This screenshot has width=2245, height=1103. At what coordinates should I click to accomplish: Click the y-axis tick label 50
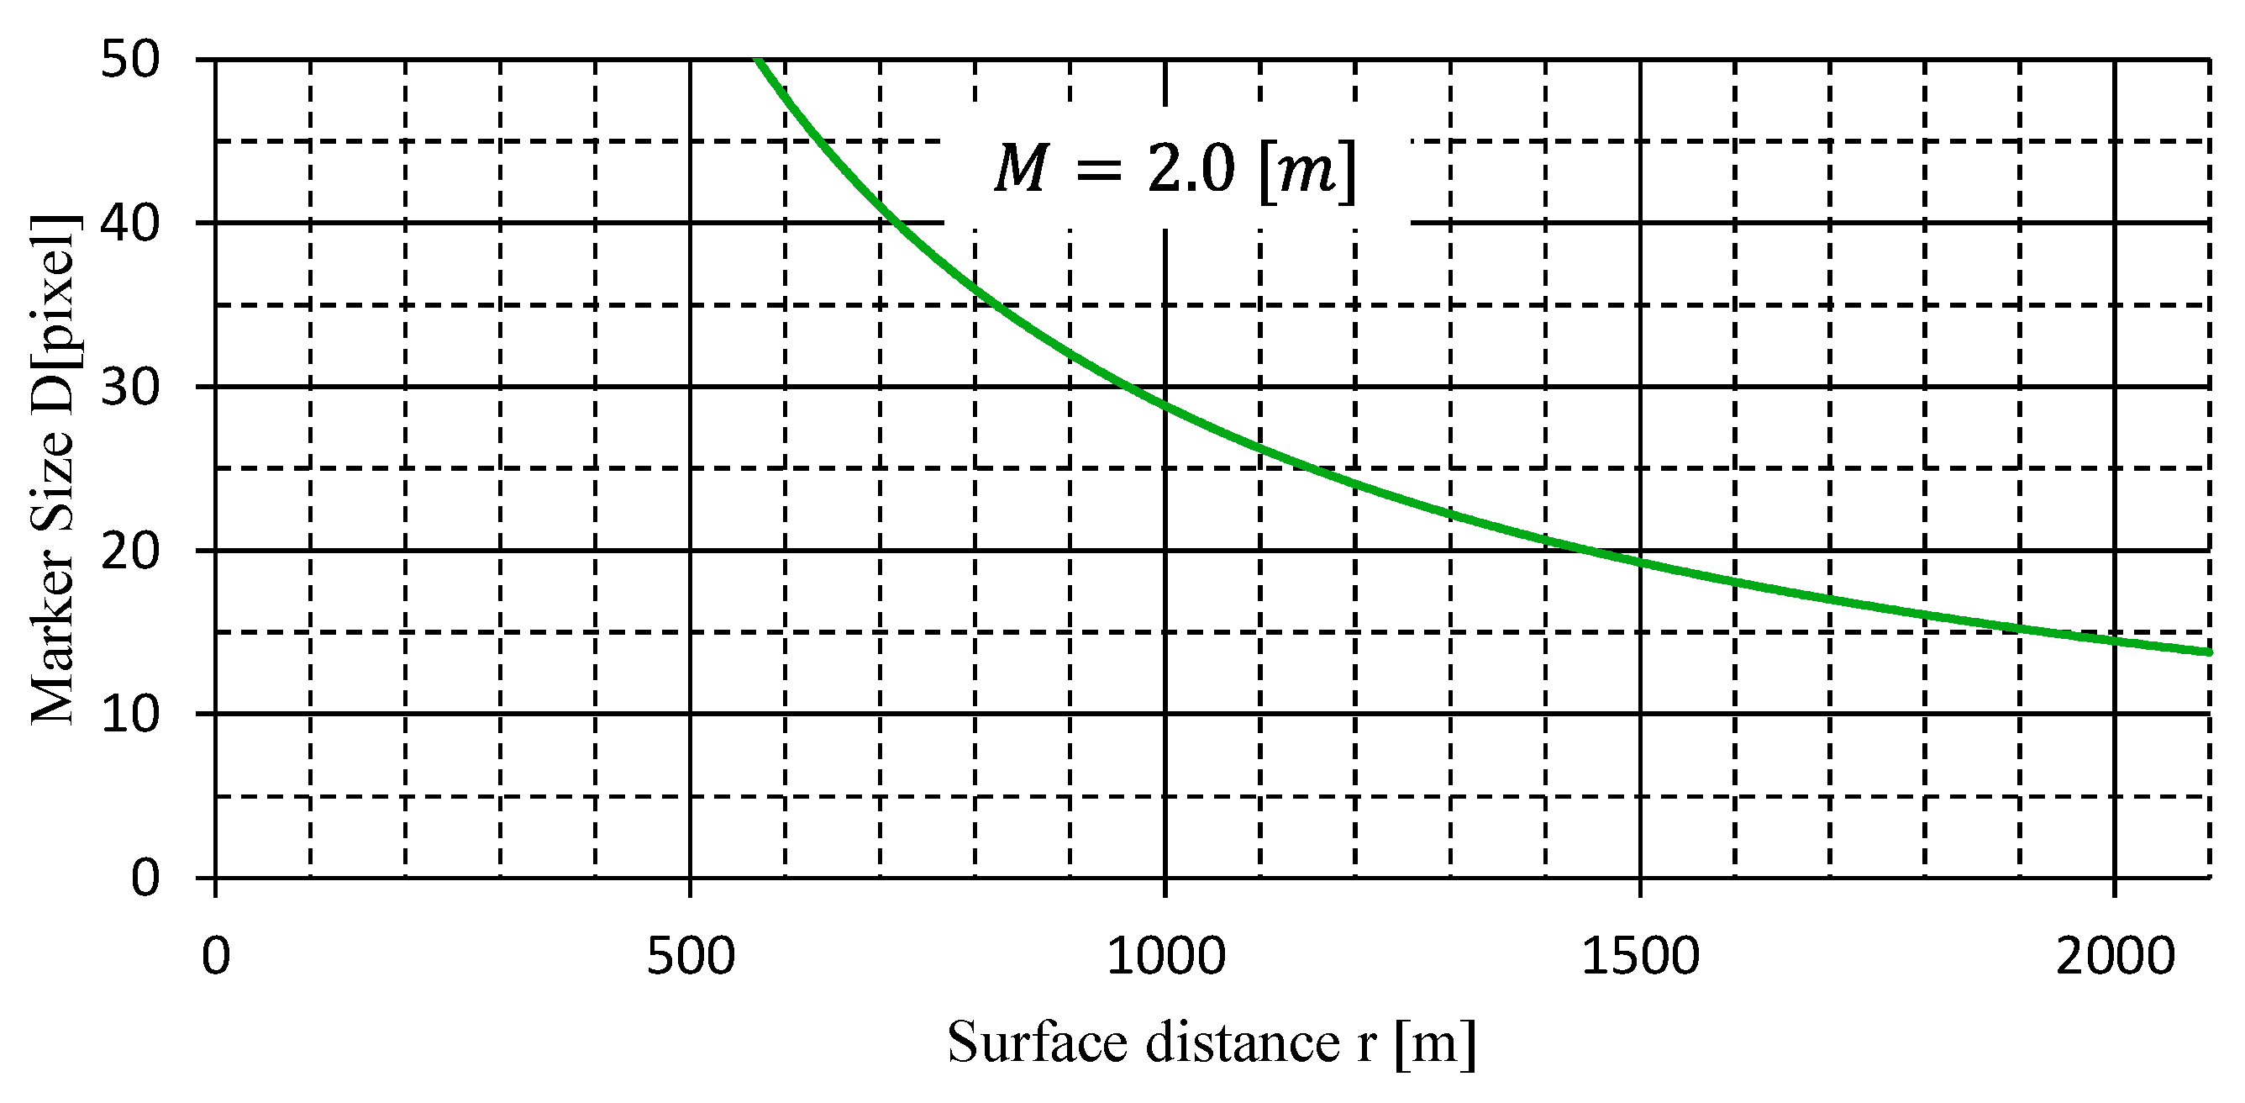pos(131,61)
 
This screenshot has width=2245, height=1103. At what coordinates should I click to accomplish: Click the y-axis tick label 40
pos(131,224)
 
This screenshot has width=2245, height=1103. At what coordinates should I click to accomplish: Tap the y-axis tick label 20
pos(131,551)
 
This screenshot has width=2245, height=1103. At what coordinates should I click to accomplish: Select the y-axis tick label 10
pos(131,714)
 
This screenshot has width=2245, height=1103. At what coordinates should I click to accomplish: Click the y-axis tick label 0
pos(145,877)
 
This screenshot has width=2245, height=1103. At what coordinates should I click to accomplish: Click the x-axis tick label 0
pos(215,956)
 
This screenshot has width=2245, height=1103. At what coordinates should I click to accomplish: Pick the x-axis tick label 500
pos(691,956)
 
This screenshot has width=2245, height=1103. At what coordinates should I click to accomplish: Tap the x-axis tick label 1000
pos(1165,956)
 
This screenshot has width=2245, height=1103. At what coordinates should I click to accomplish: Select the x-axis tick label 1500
pos(1640,956)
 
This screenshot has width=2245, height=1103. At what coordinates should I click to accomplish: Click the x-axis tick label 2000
pos(2115,956)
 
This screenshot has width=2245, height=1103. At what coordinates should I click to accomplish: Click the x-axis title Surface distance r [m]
pos(1212,1042)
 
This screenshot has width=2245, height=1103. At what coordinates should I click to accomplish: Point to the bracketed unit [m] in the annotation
pos(1308,170)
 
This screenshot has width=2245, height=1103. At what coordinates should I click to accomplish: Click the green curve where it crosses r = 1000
pos(1165,404)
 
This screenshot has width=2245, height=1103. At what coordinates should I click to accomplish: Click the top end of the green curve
pos(758,61)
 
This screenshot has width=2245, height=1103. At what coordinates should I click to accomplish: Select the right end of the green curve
pos(2209,652)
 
